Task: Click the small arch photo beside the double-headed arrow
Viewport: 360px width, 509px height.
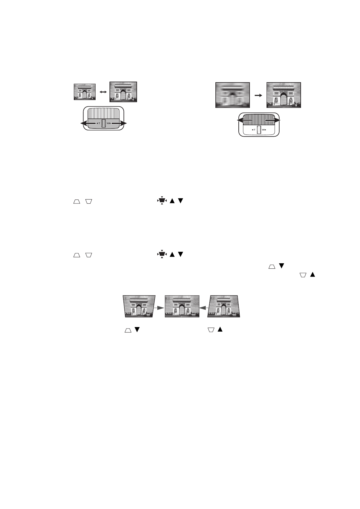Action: point(85,92)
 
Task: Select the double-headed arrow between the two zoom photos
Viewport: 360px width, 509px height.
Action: point(103,92)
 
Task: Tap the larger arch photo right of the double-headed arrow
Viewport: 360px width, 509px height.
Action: point(123,92)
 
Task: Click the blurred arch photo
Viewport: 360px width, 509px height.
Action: point(232,95)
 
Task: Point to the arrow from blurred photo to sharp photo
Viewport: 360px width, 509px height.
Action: point(258,95)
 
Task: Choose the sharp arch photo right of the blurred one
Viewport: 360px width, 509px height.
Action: point(283,95)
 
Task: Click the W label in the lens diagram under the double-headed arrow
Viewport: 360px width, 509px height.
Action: point(108,123)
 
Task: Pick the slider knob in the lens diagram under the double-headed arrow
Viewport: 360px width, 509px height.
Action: point(103,123)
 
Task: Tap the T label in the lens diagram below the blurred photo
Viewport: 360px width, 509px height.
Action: point(254,130)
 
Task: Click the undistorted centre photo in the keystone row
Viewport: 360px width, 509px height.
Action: point(182,306)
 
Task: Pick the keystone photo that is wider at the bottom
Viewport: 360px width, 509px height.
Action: point(224,306)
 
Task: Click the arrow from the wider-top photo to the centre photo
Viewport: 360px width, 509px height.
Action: point(159,307)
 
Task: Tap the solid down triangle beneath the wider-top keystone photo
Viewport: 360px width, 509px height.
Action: point(137,330)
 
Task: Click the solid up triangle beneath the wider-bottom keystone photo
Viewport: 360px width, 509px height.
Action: point(220,330)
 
